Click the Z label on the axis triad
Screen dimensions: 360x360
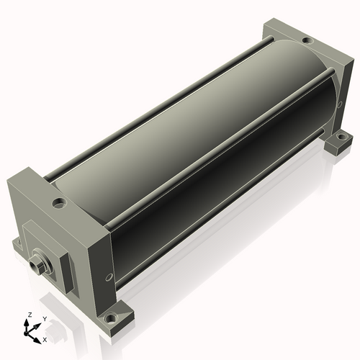tap(30, 315)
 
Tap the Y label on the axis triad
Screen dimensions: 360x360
tap(45, 319)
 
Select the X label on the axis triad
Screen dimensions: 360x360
tap(45, 340)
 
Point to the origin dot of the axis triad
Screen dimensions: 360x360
tap(26, 333)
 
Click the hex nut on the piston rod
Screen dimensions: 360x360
tap(37, 265)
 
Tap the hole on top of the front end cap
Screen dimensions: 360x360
tap(59, 204)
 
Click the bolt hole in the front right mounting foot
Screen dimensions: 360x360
tap(109, 319)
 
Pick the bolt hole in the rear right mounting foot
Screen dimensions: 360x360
tap(341, 137)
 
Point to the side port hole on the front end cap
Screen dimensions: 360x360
tap(109, 277)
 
